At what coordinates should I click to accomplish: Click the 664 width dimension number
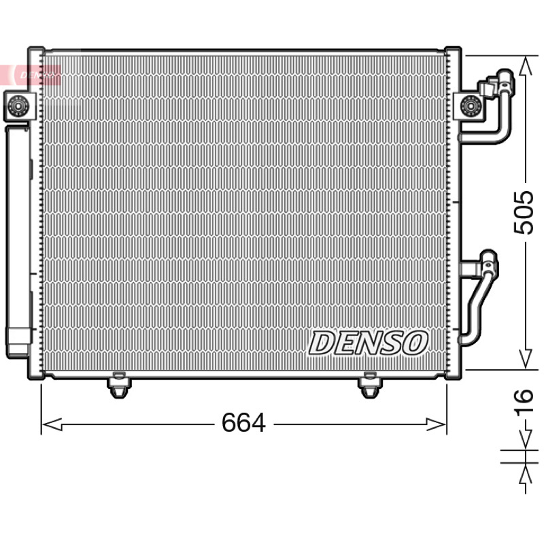tap(243, 422)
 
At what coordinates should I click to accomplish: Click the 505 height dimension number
tap(524, 212)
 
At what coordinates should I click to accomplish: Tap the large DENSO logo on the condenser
tap(369, 343)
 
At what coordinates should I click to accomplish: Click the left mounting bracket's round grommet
tap(18, 105)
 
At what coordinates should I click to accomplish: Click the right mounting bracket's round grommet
tap(471, 105)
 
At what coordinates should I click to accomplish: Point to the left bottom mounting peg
tap(119, 385)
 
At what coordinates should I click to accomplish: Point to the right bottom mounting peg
tap(369, 385)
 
